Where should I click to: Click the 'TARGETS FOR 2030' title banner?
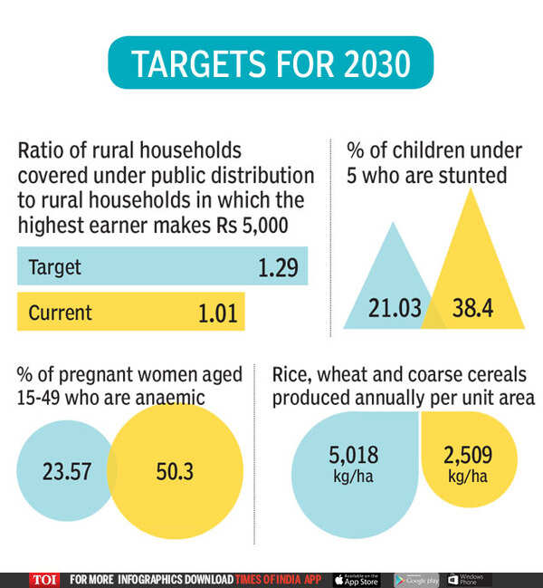point(271,64)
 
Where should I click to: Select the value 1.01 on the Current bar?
point(217,313)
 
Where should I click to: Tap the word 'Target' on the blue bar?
point(54,267)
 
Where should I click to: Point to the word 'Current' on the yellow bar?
point(60,313)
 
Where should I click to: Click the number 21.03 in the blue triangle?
point(395,308)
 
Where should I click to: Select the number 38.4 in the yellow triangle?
point(472,308)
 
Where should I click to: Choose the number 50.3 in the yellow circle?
point(173,472)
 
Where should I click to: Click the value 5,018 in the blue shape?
point(354,455)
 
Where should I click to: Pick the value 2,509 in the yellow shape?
point(468,455)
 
